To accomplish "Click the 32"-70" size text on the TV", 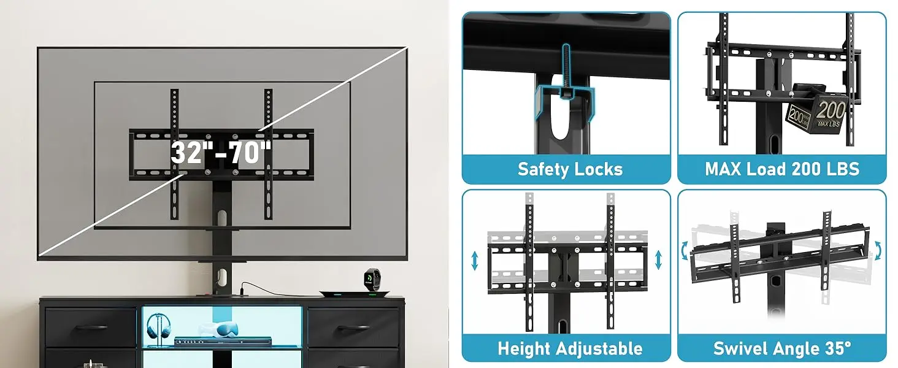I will [221, 152].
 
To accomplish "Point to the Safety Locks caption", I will [570, 169].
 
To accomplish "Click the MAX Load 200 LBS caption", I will [782, 169].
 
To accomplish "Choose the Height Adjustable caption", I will [570, 349].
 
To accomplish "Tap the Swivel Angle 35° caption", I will [782, 349].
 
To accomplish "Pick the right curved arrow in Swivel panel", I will [878, 250].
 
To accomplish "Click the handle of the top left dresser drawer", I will [90, 328].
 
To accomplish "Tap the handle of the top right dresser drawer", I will [353, 328].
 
